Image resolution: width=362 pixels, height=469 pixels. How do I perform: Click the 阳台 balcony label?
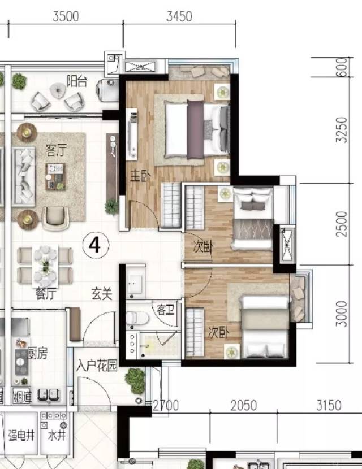click(77, 81)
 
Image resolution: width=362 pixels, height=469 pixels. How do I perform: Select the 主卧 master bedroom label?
click(140, 177)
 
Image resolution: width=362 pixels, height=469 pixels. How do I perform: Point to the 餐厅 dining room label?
click(45, 294)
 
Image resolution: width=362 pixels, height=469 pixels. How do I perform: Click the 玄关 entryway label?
click(102, 294)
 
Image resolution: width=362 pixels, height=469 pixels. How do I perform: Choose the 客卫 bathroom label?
click(166, 310)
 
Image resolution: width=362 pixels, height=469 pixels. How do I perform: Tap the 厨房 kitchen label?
click(37, 354)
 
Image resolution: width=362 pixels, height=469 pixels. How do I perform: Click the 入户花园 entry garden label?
click(96, 366)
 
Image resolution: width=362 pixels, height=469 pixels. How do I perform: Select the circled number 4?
click(96, 245)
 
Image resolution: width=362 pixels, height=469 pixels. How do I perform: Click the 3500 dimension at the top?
click(66, 16)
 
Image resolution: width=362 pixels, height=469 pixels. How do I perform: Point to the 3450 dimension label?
click(179, 16)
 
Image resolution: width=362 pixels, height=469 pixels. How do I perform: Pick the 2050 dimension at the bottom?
click(243, 406)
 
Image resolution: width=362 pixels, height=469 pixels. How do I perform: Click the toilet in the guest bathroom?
click(137, 318)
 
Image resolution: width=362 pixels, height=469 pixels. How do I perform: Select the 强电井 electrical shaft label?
click(21, 436)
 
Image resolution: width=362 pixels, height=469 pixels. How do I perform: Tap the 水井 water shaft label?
click(57, 436)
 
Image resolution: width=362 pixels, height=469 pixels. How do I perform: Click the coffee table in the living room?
click(55, 177)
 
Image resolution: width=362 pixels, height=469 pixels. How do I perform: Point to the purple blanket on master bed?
click(195, 129)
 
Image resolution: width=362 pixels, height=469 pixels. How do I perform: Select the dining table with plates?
click(45, 266)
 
